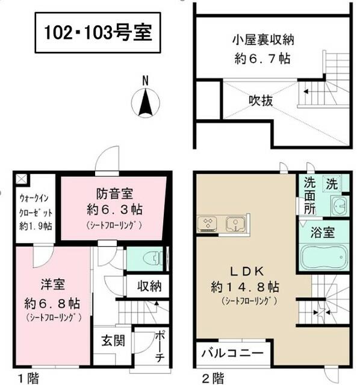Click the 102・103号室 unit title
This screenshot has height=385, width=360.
pos(98,32)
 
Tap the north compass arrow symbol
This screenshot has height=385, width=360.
pos(146,102)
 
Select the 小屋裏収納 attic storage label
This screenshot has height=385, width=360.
pos(263,40)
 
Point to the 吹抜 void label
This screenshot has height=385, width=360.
pos(261,100)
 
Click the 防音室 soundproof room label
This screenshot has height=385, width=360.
pos(114,194)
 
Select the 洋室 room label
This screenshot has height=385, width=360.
pos(53,285)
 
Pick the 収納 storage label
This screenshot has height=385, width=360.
pos(149,286)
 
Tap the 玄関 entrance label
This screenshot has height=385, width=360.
pos(113,341)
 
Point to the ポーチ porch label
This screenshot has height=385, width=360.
pos(160,347)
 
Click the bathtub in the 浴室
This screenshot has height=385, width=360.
pos(324,257)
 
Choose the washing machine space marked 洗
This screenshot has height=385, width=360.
pos(332,183)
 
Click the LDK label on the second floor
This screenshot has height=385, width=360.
pos(247,271)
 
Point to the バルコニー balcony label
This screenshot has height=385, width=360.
pos(232,354)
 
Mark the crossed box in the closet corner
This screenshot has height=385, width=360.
pos(21,179)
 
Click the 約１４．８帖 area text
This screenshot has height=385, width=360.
pos(245,286)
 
